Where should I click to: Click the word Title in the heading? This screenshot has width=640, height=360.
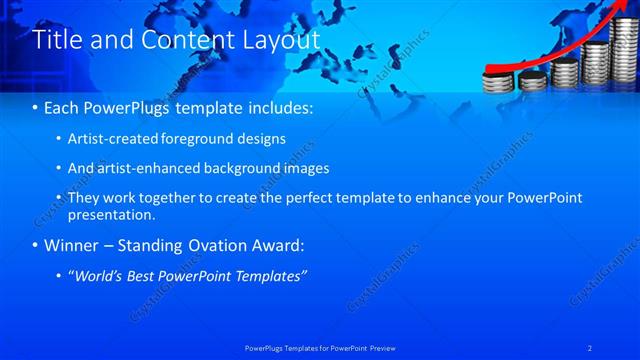[x=57, y=39]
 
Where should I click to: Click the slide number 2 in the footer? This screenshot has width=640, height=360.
[x=591, y=346]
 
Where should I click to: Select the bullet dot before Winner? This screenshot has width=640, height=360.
[x=37, y=245]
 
